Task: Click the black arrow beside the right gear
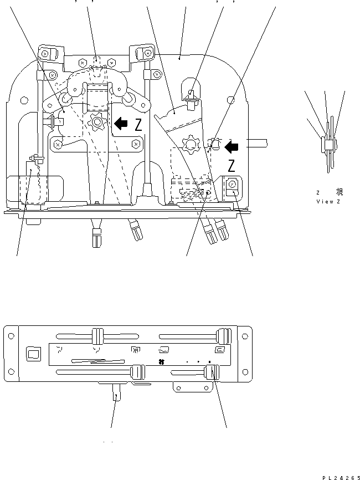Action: [x=233, y=146]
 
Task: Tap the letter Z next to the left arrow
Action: [x=138, y=125]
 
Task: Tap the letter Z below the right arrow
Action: [x=233, y=165]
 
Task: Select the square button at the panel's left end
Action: [x=33, y=354]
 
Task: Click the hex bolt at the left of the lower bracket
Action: [x=57, y=144]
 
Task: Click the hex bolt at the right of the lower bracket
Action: [x=136, y=144]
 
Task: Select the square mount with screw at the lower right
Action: [x=232, y=185]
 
